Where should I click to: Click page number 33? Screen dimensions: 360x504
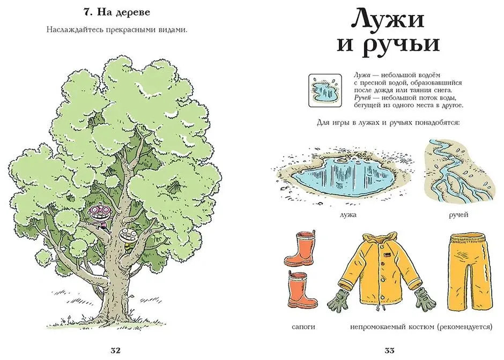point(390,350)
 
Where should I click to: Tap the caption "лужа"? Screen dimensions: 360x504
point(348,215)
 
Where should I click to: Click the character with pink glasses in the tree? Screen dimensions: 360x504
point(98,212)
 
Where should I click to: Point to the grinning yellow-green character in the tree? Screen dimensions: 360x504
point(128,236)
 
